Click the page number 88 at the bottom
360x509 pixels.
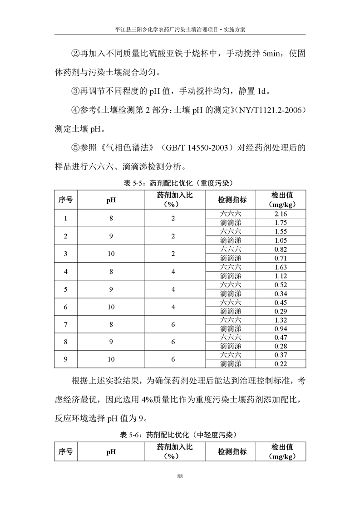click(180, 476)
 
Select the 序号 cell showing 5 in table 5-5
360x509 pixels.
click(66, 289)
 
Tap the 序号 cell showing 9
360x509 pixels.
click(66, 359)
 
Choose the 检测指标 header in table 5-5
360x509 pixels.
click(232, 200)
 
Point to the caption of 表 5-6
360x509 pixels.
click(180, 435)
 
